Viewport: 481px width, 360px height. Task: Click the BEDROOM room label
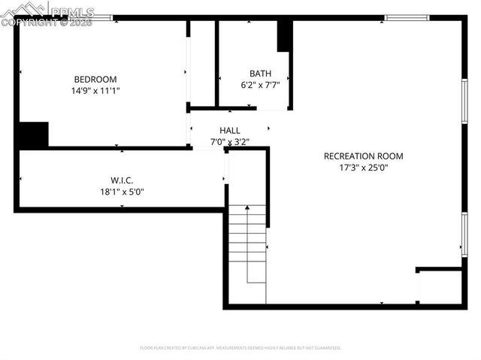[95, 79]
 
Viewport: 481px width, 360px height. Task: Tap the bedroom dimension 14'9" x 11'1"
[95, 90]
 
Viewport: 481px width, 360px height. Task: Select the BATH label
[260, 73]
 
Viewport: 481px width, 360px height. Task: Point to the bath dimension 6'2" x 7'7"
[260, 85]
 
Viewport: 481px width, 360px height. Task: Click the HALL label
[230, 130]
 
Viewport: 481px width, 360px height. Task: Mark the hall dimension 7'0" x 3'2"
[230, 141]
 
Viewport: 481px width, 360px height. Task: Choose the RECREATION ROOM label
[363, 156]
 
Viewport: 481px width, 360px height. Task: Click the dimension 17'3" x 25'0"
[363, 168]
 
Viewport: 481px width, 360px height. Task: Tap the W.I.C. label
[122, 180]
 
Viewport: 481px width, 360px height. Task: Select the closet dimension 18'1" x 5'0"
[122, 191]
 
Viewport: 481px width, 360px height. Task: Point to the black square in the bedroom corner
[33, 135]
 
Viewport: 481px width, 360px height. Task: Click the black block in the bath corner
[285, 35]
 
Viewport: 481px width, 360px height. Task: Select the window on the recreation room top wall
[407, 17]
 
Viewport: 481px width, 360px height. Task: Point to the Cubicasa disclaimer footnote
[240, 348]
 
